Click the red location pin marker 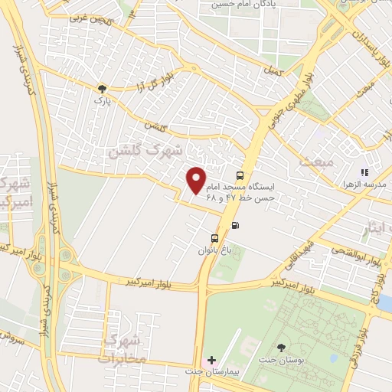coord(197,180)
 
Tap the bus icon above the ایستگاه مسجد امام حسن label coord(240,175)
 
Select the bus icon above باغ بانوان coord(215,237)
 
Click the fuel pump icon coord(234,225)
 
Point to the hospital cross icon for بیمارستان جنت coord(211,360)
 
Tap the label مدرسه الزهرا coord(367,185)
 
